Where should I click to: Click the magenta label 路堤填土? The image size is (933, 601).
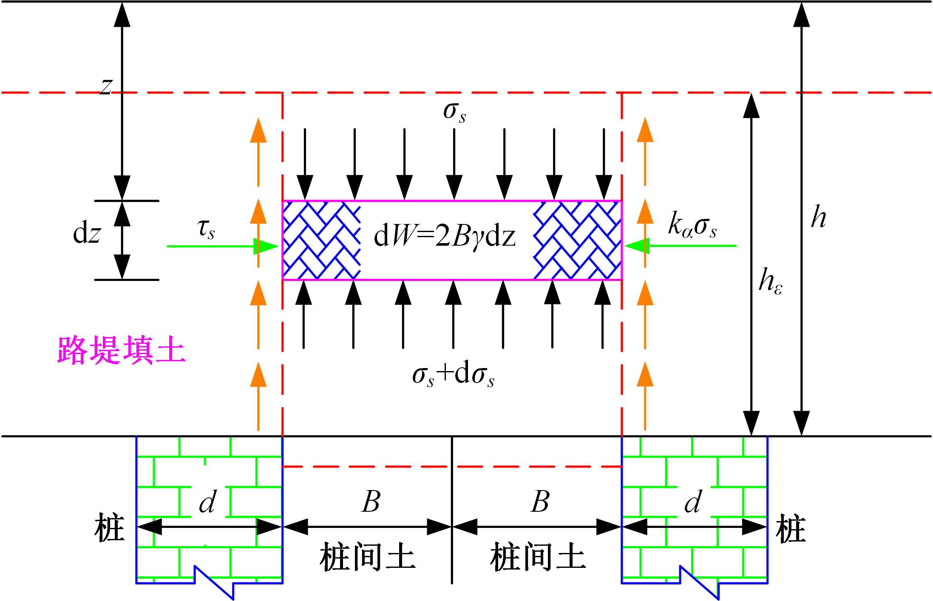pos(121,351)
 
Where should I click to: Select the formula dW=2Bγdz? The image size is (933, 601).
pos(445,237)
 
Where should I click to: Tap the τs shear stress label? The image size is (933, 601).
pos(206,230)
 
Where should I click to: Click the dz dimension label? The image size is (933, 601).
pos(87,234)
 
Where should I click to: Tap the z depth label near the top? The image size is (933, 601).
pos(106,86)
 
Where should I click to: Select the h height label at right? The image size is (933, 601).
pos(818,218)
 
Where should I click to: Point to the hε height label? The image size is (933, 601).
pos(770,282)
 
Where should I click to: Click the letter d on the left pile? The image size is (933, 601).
pos(208,502)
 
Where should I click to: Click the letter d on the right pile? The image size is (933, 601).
pos(693,502)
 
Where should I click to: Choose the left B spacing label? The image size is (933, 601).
pos(371,502)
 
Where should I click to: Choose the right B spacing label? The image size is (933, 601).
pos(540,502)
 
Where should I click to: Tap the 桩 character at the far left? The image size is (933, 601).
pos(109,528)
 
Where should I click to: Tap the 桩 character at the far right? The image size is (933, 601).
pos(791,528)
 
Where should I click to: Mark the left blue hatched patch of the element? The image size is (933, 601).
pos(321,240)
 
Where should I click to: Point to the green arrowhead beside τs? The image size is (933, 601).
pos(266,246)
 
